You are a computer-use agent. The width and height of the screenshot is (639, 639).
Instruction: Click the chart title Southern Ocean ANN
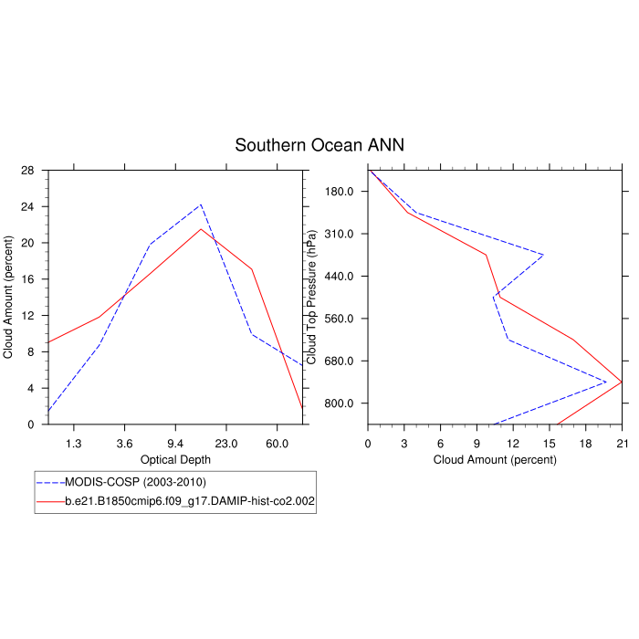319,145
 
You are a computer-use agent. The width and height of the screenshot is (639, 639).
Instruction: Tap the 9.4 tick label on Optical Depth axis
175,443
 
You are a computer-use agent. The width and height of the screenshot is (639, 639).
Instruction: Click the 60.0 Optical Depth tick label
278,443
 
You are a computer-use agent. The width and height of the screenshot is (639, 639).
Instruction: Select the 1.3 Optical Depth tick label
73,443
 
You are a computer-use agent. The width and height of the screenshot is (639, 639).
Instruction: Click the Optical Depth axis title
175,459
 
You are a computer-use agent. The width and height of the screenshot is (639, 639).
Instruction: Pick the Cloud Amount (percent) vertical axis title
9,298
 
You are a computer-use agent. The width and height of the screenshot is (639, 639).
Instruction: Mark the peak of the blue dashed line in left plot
201,204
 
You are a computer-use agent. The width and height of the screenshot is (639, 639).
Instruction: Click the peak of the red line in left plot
201,229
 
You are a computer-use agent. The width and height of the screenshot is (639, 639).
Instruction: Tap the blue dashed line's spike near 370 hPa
543,255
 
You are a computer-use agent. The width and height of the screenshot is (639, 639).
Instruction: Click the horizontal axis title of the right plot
495,459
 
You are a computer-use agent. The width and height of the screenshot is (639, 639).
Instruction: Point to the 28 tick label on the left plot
28,171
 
